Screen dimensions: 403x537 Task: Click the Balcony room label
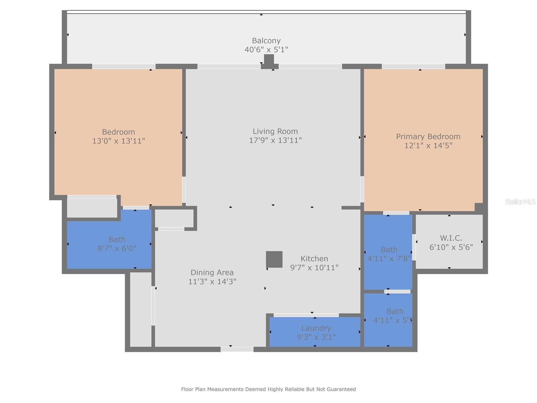(266, 41)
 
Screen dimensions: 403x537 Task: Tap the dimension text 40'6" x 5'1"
(266, 50)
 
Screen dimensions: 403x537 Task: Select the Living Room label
(275, 131)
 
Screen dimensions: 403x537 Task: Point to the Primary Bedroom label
(428, 136)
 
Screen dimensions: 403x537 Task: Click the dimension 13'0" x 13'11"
(118, 141)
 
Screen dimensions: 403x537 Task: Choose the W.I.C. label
(451, 238)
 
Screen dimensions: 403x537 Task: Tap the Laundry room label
(316, 328)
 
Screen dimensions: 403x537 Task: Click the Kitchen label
(314, 259)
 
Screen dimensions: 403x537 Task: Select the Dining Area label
(212, 272)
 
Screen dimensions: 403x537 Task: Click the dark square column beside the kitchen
(274, 259)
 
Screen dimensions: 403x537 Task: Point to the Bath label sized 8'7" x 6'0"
(117, 239)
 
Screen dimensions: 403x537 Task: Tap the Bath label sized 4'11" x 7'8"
(389, 250)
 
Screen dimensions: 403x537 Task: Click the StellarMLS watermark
(520, 201)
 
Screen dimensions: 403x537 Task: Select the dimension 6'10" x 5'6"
(451, 247)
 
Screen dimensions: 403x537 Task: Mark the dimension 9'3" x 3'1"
(316, 337)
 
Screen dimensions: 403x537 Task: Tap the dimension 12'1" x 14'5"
(428, 145)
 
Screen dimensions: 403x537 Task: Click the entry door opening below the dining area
(237, 349)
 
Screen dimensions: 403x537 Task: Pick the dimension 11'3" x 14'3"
(212, 281)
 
